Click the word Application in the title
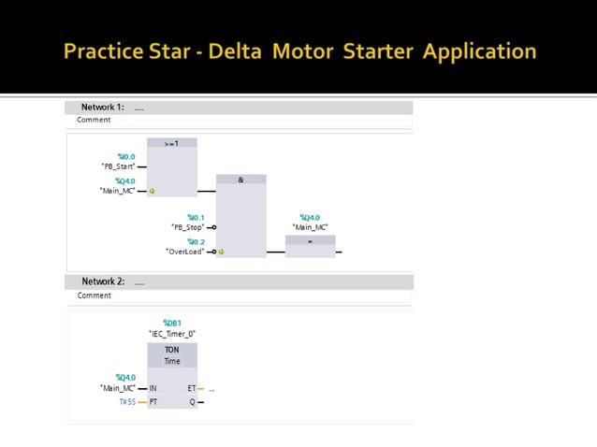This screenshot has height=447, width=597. click(x=479, y=50)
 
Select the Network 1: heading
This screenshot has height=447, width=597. click(x=103, y=108)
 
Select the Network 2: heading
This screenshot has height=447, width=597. click(x=103, y=281)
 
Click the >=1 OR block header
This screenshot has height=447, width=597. click(x=172, y=143)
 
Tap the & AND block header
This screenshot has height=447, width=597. click(x=240, y=180)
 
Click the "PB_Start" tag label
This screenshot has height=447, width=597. click(x=118, y=166)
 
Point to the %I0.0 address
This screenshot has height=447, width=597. click(x=125, y=157)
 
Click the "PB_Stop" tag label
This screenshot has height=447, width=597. click(x=187, y=226)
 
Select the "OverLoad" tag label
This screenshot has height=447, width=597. click(x=184, y=251)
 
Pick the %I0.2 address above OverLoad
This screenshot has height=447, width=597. click(x=196, y=241)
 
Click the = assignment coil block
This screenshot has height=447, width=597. click(x=310, y=240)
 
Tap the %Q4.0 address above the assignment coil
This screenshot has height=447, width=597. click(x=310, y=217)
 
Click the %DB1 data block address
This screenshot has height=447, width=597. click(x=172, y=323)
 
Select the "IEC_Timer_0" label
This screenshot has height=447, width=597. click(x=172, y=334)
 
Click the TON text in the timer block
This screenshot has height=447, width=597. click(x=172, y=349)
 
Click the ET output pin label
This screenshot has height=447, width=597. click(x=192, y=387)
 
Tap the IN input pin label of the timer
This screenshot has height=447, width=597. click(x=153, y=387)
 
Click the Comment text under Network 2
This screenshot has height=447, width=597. click(x=94, y=296)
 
